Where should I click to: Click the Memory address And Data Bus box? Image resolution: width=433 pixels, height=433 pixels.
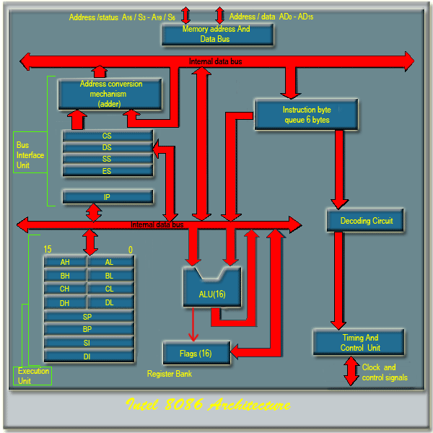click(217, 34)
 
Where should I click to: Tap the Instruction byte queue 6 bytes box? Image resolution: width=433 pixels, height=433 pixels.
click(306, 115)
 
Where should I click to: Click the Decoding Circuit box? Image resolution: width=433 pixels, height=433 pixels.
click(366, 220)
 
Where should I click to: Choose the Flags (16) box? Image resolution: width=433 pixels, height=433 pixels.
click(196, 353)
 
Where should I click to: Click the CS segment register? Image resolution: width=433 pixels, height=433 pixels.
click(108, 136)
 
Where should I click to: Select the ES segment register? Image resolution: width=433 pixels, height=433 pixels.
click(108, 171)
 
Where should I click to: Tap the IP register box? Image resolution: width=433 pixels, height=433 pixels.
click(108, 196)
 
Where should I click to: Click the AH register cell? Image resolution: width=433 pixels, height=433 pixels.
click(65, 262)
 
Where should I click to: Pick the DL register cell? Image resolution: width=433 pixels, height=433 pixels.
click(110, 302)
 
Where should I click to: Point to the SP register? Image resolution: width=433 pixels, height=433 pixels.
click(88, 317)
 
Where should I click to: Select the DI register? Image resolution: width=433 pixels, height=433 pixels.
click(88, 356)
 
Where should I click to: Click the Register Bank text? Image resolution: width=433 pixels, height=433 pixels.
click(170, 374)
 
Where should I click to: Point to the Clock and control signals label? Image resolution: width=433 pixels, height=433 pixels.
click(384, 372)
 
